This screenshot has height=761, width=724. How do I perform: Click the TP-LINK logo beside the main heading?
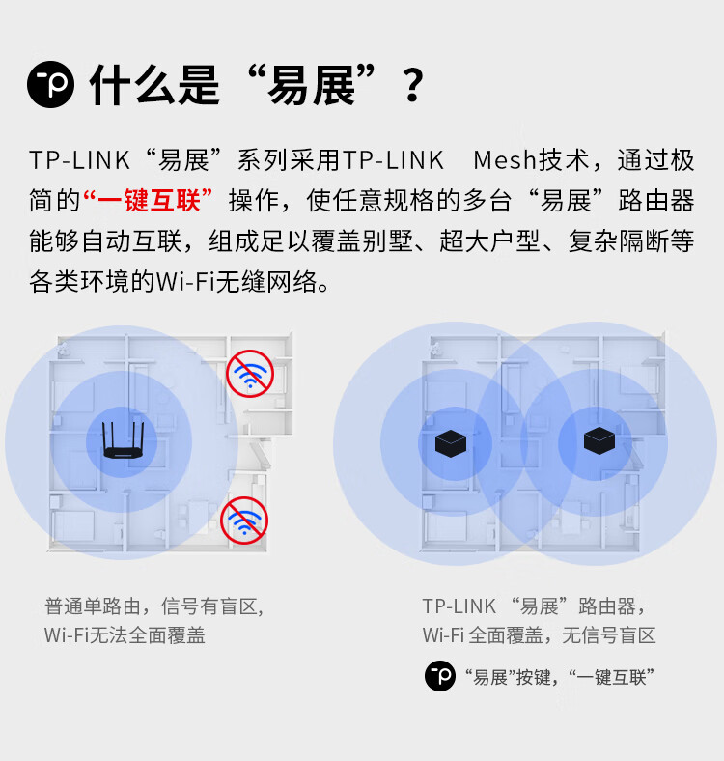point(51,84)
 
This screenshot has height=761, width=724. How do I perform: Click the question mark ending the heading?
point(413,85)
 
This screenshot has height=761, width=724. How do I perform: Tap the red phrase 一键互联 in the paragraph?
point(148,201)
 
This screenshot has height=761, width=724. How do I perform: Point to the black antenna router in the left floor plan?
point(123,440)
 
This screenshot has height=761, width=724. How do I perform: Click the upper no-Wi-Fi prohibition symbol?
point(250,374)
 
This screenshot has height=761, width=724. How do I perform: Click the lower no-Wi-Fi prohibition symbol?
point(244,521)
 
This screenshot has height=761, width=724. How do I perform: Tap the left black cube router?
point(451,443)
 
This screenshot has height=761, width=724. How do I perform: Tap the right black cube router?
point(599,440)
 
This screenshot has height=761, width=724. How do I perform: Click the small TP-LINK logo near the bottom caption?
point(440,676)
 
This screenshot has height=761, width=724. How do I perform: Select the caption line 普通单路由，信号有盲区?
point(154,606)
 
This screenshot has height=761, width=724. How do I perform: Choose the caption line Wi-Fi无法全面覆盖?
point(125,635)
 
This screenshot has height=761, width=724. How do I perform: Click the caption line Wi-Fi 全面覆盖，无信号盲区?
point(539,635)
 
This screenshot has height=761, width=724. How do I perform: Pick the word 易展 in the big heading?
point(312,85)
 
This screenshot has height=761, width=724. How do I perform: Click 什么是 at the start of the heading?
point(154,85)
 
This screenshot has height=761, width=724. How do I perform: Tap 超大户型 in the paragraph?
point(490,241)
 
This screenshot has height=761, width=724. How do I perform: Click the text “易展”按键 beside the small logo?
point(508,677)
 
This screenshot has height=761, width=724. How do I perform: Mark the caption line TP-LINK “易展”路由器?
point(534,606)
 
